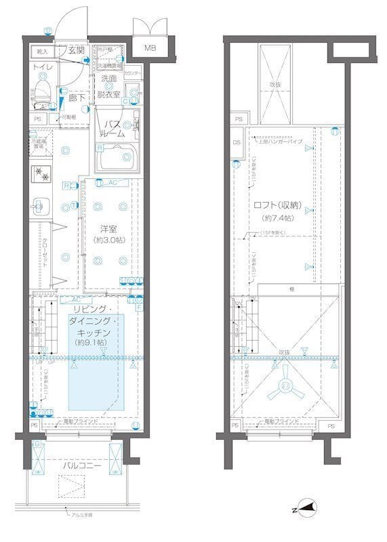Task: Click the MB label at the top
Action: [150, 48]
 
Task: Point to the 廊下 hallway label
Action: [76, 98]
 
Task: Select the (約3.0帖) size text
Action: [110, 241]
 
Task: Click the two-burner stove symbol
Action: [41, 173]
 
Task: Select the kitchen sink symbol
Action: [40, 203]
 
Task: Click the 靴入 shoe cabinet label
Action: [42, 51]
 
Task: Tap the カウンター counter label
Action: [133, 72]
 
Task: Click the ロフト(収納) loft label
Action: [279, 205]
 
